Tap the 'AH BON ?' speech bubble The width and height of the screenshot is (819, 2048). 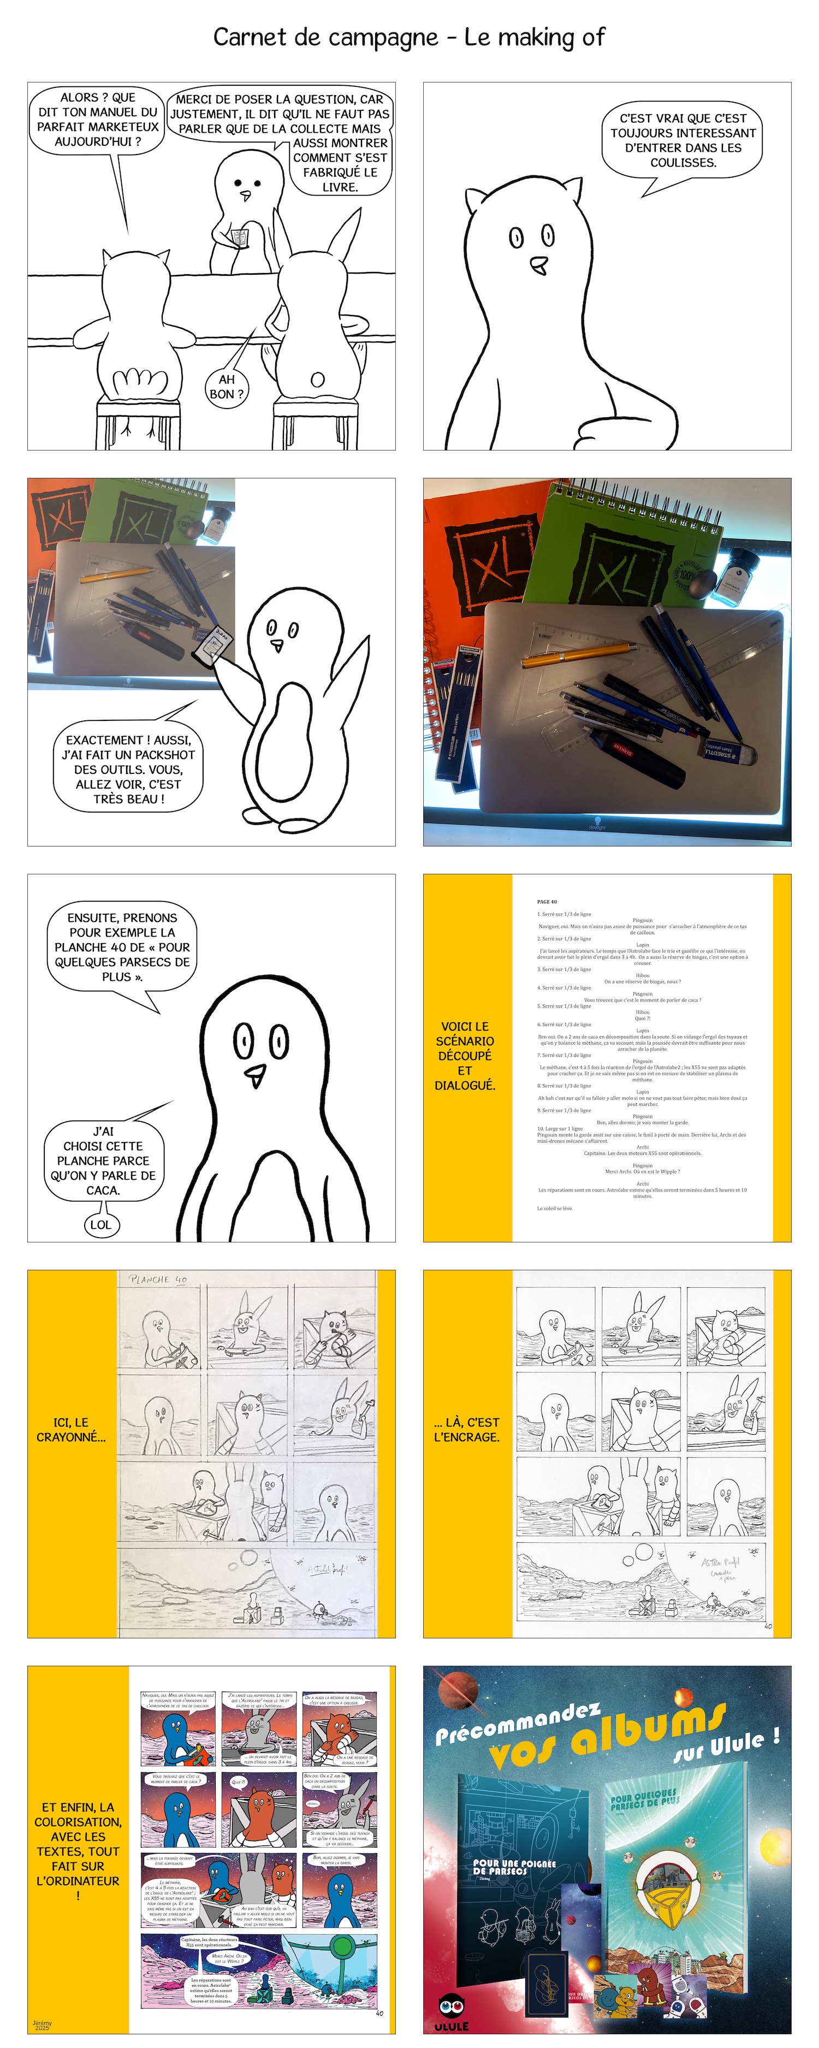[227, 387]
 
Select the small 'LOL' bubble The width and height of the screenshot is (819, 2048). [101, 1224]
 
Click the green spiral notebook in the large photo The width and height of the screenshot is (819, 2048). [628, 548]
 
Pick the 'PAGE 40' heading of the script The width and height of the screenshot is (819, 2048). [547, 902]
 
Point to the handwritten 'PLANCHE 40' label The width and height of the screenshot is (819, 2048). [159, 1279]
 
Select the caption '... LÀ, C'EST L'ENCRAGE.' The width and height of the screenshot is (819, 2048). [467, 1429]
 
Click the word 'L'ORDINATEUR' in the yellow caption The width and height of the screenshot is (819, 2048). [78, 1880]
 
